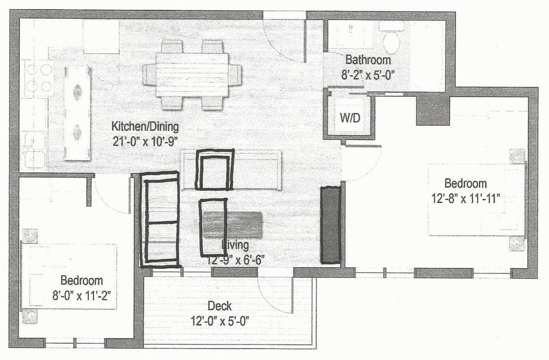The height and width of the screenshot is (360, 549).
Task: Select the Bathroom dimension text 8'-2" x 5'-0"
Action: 367,74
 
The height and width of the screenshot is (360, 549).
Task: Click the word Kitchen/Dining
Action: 145,126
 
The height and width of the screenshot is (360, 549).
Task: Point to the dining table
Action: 192,74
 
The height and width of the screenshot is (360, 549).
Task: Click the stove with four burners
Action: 39,78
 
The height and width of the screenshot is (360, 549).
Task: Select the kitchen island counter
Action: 77,112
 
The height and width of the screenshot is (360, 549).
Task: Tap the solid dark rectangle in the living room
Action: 330,224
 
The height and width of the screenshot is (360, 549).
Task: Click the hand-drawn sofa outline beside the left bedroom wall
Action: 160,219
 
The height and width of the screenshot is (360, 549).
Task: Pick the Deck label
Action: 219,306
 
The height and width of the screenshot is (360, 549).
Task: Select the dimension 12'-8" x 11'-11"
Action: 466,198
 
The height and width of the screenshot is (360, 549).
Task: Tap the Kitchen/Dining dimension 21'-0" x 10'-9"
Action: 145,140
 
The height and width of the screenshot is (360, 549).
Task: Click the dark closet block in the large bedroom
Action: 432,109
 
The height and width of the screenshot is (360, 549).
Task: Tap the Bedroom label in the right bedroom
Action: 466,184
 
